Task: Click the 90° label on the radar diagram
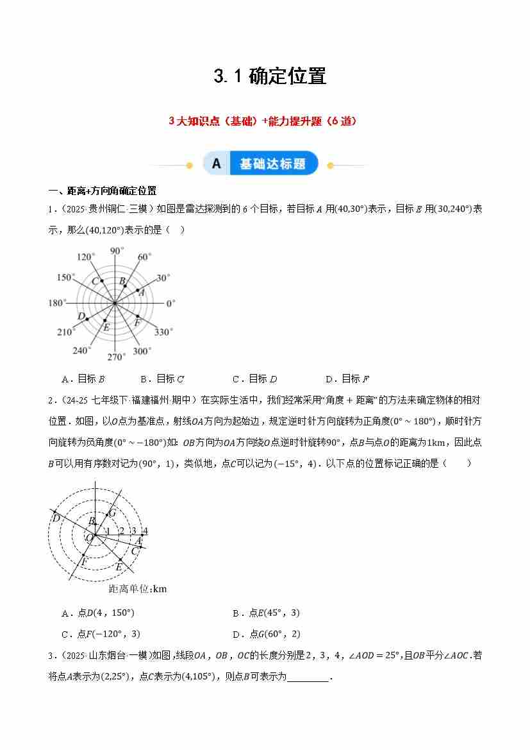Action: (116, 251)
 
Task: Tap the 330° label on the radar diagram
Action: (163, 332)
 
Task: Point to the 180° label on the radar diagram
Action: (57, 303)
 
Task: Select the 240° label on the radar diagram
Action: (81, 350)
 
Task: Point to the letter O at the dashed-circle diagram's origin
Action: (89, 537)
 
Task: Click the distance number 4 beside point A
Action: (145, 531)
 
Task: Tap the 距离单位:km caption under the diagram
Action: (138, 588)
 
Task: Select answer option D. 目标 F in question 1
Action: (347, 379)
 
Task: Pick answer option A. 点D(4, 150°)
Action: (98, 613)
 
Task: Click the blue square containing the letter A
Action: (217, 164)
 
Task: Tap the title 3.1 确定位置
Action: (270, 76)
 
